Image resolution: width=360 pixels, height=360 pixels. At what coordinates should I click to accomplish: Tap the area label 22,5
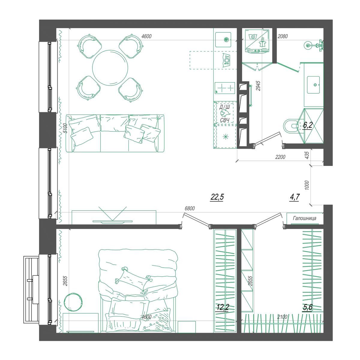point(217,197)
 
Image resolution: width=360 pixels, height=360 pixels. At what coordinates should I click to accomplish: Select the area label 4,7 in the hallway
point(294,197)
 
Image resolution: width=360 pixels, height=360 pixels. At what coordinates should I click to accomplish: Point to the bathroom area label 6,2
point(307,125)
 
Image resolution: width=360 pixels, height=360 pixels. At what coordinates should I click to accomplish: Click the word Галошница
point(304,218)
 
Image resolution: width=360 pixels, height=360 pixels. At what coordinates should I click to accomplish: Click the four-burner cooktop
point(224,88)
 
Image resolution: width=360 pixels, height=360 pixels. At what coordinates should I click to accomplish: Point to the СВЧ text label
point(225,120)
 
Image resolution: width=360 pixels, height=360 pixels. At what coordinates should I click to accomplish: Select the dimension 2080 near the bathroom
point(283,36)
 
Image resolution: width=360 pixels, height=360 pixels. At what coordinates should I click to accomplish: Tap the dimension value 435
point(306,155)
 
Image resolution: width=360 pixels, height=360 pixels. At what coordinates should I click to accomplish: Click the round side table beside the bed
point(73,301)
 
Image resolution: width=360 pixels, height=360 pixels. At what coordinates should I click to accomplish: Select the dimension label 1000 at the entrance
point(306,185)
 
